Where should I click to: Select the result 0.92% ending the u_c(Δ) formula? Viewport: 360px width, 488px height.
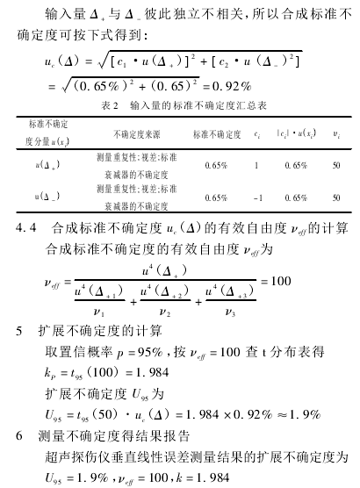click(x=234, y=88)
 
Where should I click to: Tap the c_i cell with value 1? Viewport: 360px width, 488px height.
click(x=256, y=165)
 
